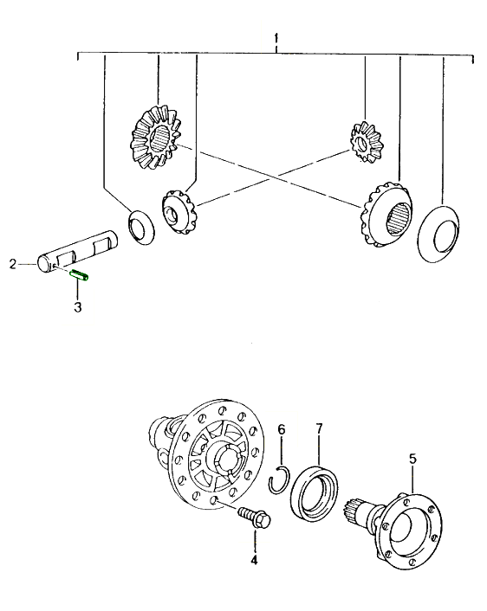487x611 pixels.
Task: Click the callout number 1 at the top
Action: pyautogui.click(x=276, y=38)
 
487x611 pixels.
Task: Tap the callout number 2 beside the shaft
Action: pyautogui.click(x=13, y=264)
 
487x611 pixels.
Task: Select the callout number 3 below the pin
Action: pyautogui.click(x=78, y=306)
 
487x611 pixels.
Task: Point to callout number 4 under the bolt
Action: pyautogui.click(x=254, y=560)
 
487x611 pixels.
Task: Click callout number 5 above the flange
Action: pyautogui.click(x=412, y=459)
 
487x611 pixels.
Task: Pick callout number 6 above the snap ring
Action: pyautogui.click(x=282, y=429)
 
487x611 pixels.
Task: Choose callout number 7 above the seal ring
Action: pyautogui.click(x=319, y=428)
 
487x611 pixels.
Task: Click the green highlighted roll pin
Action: pyautogui.click(x=79, y=275)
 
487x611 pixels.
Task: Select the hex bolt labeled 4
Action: pyautogui.click(x=255, y=517)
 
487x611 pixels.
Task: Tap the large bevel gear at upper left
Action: pyautogui.click(x=156, y=137)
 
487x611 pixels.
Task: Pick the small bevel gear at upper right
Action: pyautogui.click(x=365, y=141)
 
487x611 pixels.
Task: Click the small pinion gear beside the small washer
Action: pyautogui.click(x=178, y=211)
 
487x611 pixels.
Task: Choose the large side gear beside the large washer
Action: pyautogui.click(x=386, y=215)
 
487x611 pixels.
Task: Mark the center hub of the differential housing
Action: pyautogui.click(x=226, y=460)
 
